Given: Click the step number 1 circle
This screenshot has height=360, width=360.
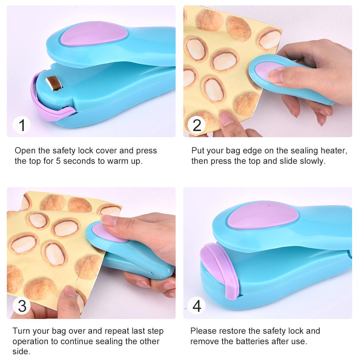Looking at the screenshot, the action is [x=22, y=125].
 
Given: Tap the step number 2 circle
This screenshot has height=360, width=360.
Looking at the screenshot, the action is [x=197, y=125].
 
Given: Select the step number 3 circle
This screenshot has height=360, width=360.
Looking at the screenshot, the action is [x=22, y=306].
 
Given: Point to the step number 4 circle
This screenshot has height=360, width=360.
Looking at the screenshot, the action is [x=197, y=306].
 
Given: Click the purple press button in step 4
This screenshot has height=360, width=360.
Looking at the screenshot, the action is [x=262, y=215].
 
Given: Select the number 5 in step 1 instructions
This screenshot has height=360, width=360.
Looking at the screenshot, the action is [x=58, y=161].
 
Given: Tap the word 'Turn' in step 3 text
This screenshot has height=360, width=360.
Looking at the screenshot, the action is [x=21, y=331].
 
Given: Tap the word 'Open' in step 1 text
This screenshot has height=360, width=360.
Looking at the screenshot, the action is [x=25, y=151].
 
